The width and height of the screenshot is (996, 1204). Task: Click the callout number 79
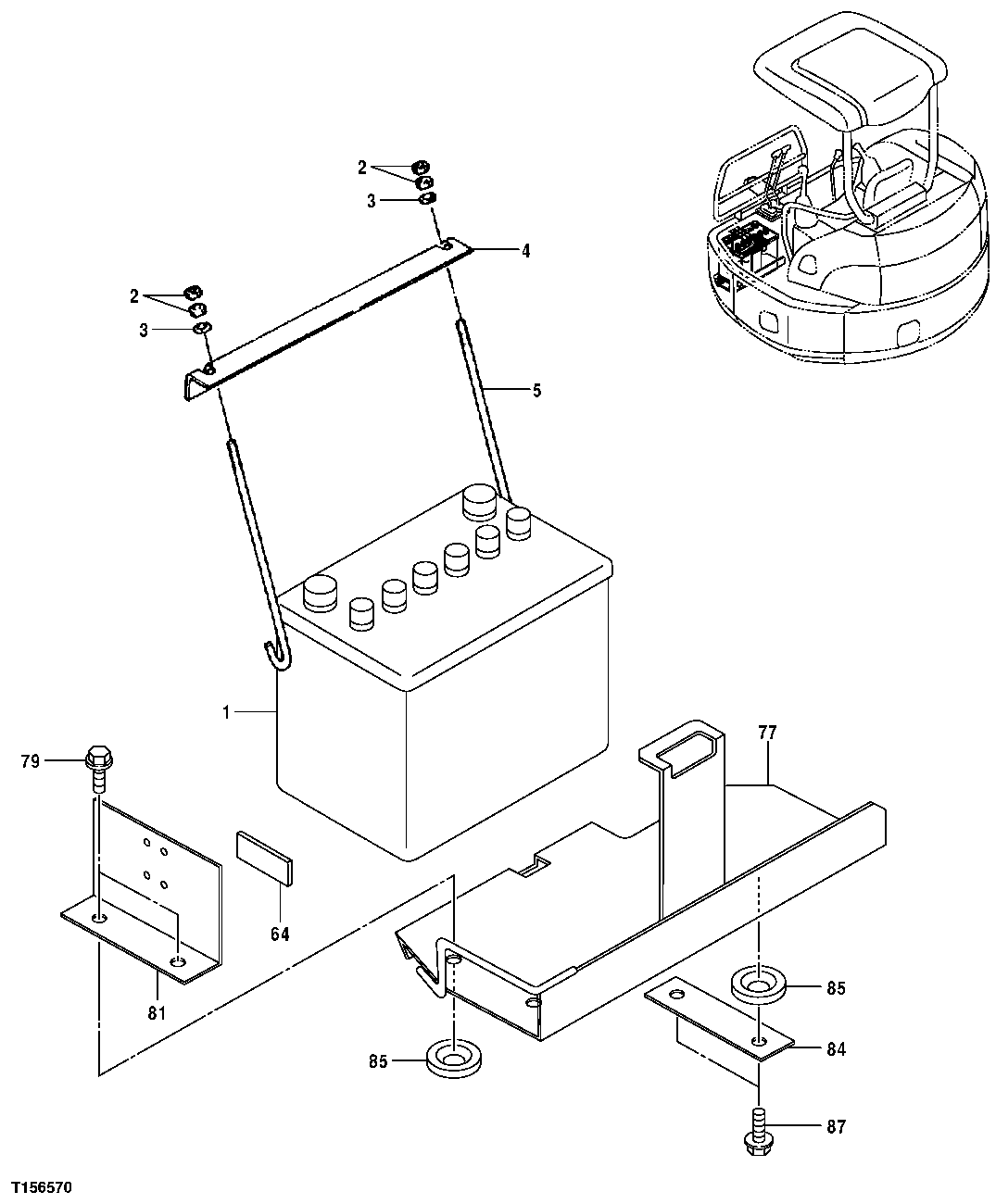(x=31, y=762)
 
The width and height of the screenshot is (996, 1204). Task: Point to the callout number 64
(x=280, y=934)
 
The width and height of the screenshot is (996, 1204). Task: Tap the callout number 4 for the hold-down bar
(x=525, y=250)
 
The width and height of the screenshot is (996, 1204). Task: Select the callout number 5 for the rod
(x=536, y=390)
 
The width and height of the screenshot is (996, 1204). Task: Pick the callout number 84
(x=837, y=1049)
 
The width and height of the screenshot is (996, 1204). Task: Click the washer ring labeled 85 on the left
(x=454, y=1059)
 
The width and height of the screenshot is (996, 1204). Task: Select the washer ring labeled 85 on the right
(x=759, y=985)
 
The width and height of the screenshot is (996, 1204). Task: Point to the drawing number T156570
(x=42, y=1187)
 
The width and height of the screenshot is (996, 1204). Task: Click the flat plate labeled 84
(x=719, y=1017)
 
